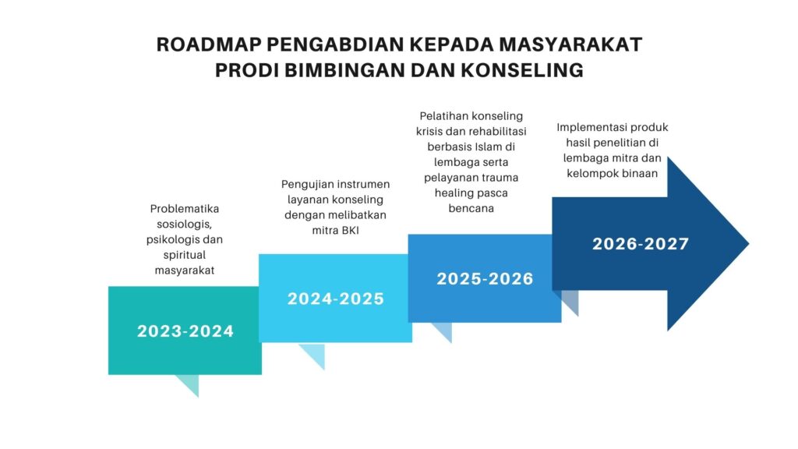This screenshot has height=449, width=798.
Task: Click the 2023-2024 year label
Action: tap(185, 331)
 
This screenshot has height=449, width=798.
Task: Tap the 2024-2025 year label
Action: tap(336, 299)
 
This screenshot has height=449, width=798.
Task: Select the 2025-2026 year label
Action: tap(485, 279)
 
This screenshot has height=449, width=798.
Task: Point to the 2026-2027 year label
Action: tap(641, 244)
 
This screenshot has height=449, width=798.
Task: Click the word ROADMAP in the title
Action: tap(207, 44)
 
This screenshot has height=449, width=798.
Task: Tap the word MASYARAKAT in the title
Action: tap(570, 44)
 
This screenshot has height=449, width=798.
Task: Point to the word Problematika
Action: tap(185, 209)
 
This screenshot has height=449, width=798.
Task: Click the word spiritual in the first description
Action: tap(184, 255)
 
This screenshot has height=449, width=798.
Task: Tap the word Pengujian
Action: tap(307, 185)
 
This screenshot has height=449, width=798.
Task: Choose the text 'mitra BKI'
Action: tap(335, 231)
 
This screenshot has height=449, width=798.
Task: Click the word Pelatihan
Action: tap(443, 116)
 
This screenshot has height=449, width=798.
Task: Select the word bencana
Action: tap(471, 208)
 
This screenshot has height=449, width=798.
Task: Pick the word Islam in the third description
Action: tap(488, 147)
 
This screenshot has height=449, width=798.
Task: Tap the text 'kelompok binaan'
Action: tap(613, 174)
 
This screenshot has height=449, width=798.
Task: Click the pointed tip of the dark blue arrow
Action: tap(749, 244)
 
